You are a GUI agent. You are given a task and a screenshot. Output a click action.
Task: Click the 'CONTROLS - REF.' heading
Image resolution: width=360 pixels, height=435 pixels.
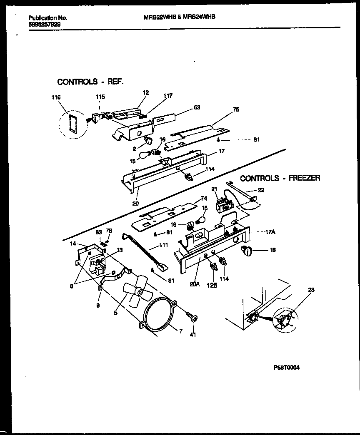coord(90,82)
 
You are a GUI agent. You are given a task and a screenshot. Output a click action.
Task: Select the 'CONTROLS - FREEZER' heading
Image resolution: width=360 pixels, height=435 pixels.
coord(280,178)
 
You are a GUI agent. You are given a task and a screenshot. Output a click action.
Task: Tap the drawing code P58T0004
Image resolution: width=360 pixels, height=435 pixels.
coord(286,368)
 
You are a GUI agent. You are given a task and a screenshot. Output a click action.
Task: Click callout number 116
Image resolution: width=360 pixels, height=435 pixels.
coord(55,97)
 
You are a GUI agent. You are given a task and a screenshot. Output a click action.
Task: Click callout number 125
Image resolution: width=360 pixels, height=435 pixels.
coord(212,286)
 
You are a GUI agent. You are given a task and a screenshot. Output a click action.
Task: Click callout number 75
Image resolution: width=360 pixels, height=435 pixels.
coord(236,110)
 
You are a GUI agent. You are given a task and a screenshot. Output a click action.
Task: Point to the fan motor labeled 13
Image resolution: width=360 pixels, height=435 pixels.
coord(97,265)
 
